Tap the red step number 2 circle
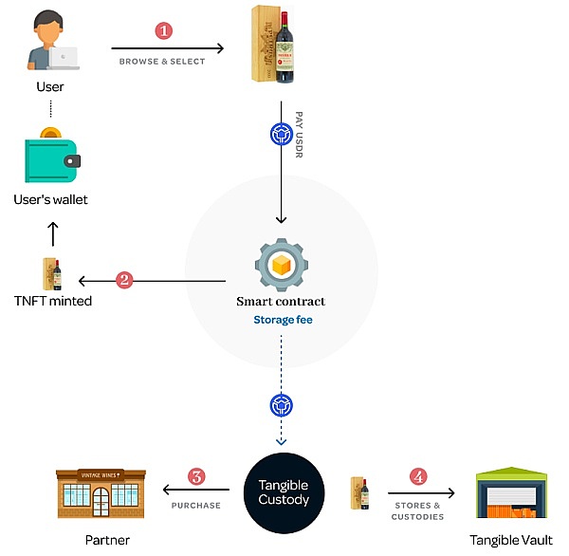point(124,280)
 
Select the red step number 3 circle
point(196,476)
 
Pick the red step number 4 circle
point(417,476)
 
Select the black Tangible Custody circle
point(284,492)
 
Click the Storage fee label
point(283,320)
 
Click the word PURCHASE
point(195,506)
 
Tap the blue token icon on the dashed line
point(281,405)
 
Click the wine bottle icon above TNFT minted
point(53,274)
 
